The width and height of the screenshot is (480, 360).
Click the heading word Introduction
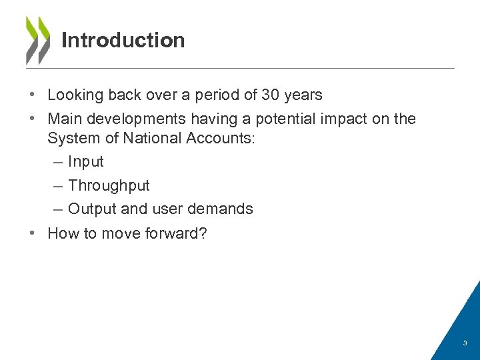(x=123, y=41)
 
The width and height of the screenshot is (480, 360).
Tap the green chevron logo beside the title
(x=37, y=40)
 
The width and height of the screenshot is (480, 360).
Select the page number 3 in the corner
(x=465, y=343)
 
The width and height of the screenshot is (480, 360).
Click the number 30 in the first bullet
(x=270, y=95)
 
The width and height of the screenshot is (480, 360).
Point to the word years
(x=303, y=95)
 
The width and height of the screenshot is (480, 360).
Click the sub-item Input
(x=85, y=162)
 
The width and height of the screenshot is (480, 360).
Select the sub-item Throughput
(x=109, y=185)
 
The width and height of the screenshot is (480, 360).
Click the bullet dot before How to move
(x=32, y=233)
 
